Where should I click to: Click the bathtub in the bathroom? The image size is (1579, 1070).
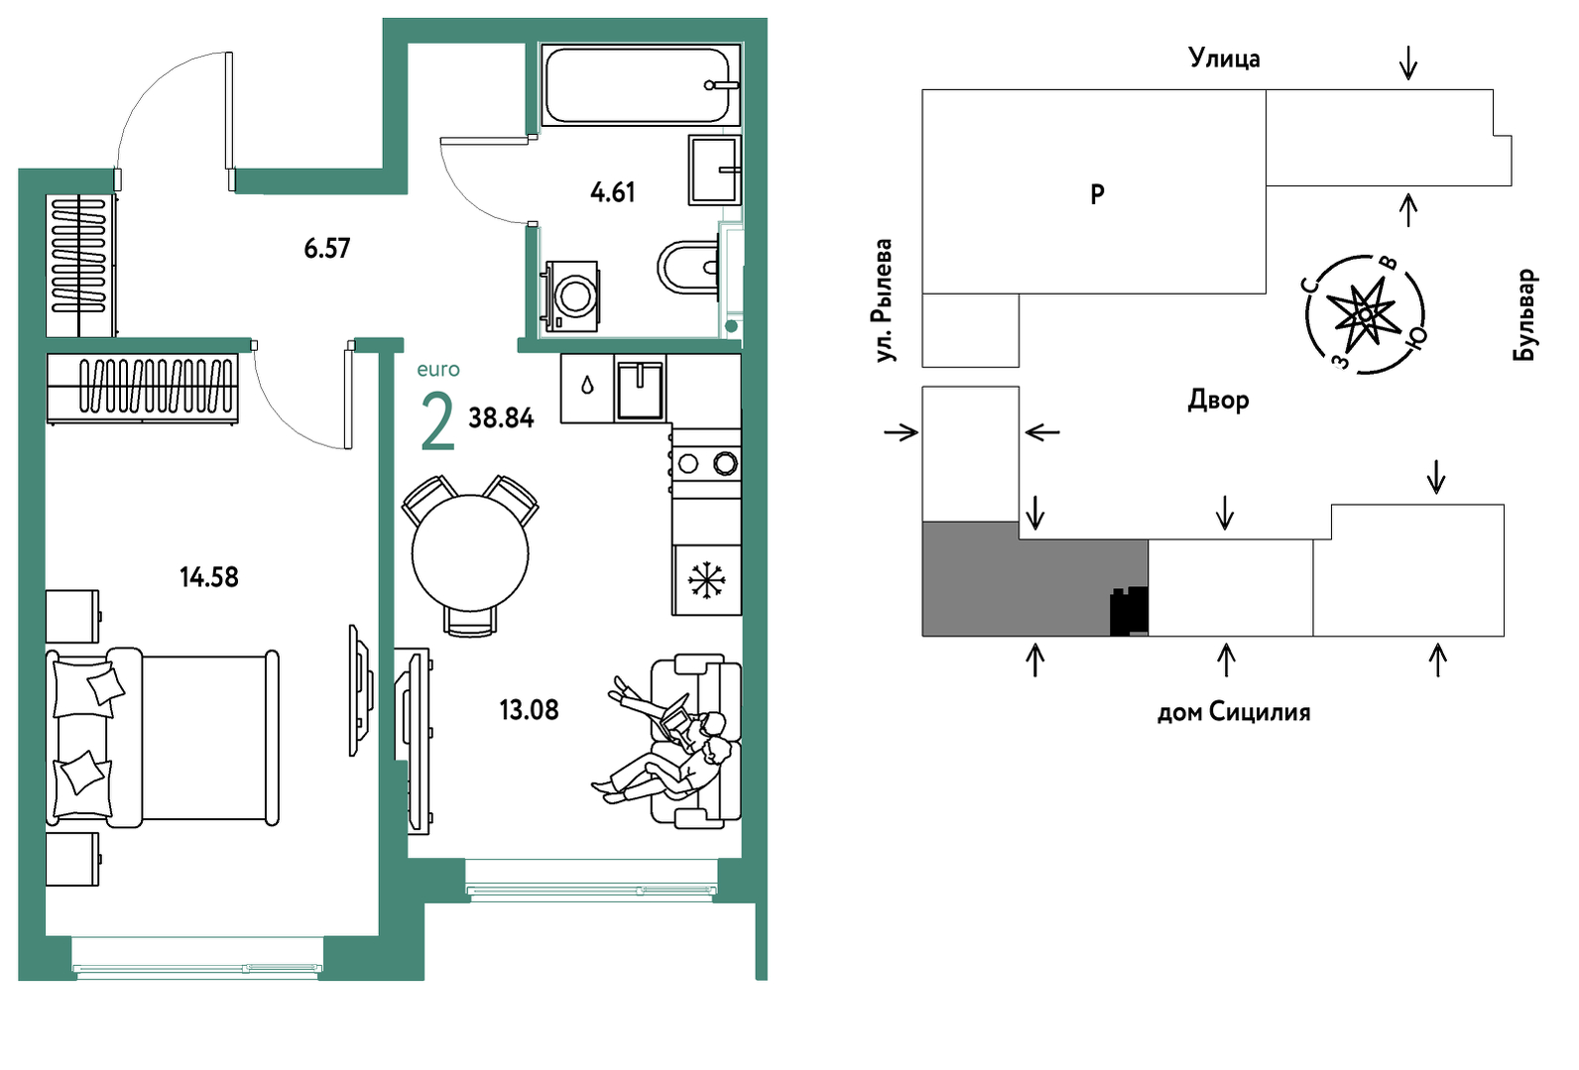(640, 85)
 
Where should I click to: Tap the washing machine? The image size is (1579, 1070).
(571, 297)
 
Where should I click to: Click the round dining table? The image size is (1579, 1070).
(470, 552)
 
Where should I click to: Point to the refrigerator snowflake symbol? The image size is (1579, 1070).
(705, 580)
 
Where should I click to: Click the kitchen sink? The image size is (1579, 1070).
(640, 389)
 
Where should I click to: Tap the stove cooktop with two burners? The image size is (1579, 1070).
(705, 463)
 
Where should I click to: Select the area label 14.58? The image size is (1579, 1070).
(209, 577)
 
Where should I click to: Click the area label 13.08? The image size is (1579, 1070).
(529, 710)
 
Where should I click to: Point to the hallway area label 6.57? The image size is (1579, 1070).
(327, 248)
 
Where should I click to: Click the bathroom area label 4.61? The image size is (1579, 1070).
(613, 191)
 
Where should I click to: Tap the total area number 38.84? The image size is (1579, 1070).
(501, 418)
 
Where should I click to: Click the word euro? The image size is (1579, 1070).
(437, 369)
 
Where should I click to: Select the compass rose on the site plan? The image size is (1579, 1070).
(1365, 314)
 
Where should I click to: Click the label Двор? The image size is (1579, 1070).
(1218, 401)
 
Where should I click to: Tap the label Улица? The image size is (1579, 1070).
(1225, 58)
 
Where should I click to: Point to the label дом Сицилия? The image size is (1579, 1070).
(1234, 712)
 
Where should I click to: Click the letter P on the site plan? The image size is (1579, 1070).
(1097, 193)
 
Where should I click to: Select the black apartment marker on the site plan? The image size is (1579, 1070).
(1129, 611)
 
